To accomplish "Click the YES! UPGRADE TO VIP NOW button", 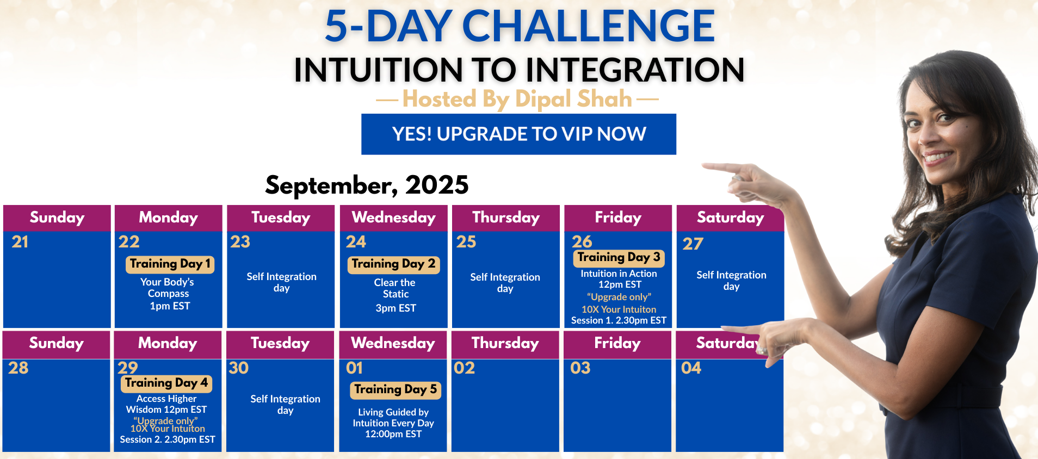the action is pyautogui.click(x=518, y=134).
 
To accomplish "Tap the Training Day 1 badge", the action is pyautogui.click(x=170, y=264).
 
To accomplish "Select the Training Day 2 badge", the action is pyautogui.click(x=393, y=264).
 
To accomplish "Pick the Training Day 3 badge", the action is pyautogui.click(x=619, y=258).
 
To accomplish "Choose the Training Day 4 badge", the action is pyautogui.click(x=166, y=383).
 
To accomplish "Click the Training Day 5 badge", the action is pyautogui.click(x=395, y=390).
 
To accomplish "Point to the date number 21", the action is pyautogui.click(x=20, y=242).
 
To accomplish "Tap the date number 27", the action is pyautogui.click(x=693, y=244).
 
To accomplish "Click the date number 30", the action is pyautogui.click(x=239, y=368).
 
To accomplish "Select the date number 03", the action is pyautogui.click(x=580, y=368).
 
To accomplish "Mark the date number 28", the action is pyautogui.click(x=18, y=368).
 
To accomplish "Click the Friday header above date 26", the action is pyautogui.click(x=618, y=218).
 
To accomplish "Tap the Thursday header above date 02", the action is pyautogui.click(x=505, y=343).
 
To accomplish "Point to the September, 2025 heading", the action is pyautogui.click(x=367, y=185).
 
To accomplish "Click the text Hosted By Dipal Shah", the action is pyautogui.click(x=517, y=99).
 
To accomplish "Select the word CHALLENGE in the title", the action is pyautogui.click(x=589, y=26).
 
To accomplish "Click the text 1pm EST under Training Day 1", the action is pyautogui.click(x=170, y=306).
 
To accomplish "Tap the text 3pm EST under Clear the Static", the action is pyautogui.click(x=396, y=308).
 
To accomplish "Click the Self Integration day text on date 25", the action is pyautogui.click(x=505, y=283).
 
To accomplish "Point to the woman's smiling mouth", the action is pyautogui.click(x=937, y=157).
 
